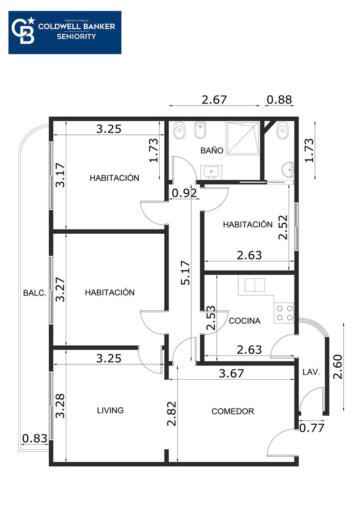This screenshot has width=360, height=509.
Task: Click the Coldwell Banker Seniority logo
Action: click(65, 33)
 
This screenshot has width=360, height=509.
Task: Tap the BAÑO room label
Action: click(212, 151)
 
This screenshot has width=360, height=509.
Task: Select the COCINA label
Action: click(245, 321)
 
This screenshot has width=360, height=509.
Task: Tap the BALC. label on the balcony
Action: click(35, 293)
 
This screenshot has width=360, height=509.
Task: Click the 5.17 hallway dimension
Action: click(185, 273)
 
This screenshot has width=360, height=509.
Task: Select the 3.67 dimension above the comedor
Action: click(231, 373)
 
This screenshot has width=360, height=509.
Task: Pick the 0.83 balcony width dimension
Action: click(35, 438)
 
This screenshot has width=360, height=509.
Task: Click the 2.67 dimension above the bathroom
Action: click(214, 100)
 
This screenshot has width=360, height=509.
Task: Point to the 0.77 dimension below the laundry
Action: click(312, 428)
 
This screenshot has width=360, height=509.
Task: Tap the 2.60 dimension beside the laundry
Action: click(337, 366)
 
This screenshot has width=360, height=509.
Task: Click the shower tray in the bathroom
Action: click(243, 138)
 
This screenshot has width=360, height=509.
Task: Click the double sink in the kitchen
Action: click(255, 285)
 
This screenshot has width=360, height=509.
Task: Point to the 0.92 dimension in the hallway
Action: click(184, 193)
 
